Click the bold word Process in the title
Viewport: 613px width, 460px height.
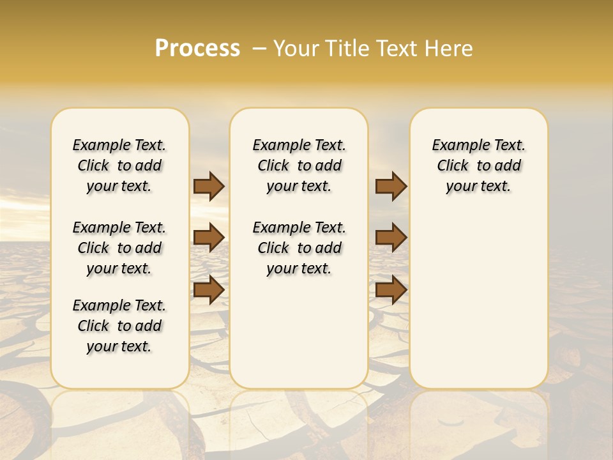(197, 49)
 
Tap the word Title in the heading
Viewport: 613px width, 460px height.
(345, 49)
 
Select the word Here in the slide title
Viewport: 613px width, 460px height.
(450, 49)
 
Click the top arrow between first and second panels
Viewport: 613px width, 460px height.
(209, 186)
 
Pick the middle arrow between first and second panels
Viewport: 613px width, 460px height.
(209, 238)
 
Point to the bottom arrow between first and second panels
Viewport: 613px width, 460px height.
(209, 290)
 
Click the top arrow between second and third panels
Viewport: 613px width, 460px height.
(391, 186)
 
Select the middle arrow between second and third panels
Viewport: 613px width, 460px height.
(391, 238)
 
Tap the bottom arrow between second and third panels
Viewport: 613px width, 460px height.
(391, 290)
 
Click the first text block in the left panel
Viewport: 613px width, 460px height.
(119, 165)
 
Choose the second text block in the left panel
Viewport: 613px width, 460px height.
(119, 248)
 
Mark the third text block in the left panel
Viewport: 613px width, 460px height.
(119, 326)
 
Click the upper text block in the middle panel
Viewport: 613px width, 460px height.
(299, 165)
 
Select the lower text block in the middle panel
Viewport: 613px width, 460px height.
(299, 248)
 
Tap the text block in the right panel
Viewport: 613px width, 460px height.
(478, 165)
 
